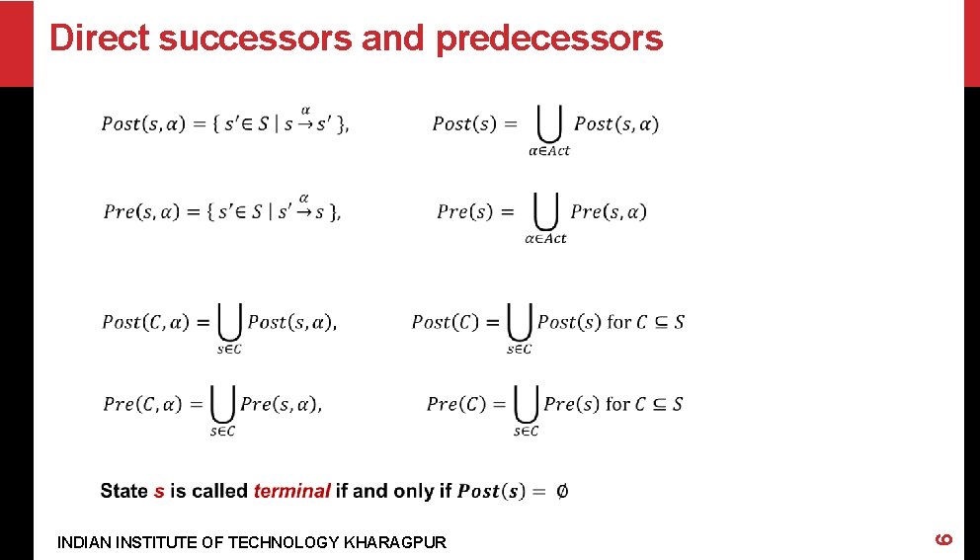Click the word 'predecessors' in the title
(548, 39)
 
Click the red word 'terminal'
(291, 491)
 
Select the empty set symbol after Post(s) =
(561, 491)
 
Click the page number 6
(943, 538)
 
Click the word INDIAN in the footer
(83, 542)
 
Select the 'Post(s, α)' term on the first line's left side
(143, 124)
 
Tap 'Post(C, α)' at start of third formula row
(145, 322)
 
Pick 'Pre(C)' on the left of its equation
(456, 404)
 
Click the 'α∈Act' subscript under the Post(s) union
(548, 151)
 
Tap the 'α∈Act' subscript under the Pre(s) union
(546, 239)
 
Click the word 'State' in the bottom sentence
(123, 491)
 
